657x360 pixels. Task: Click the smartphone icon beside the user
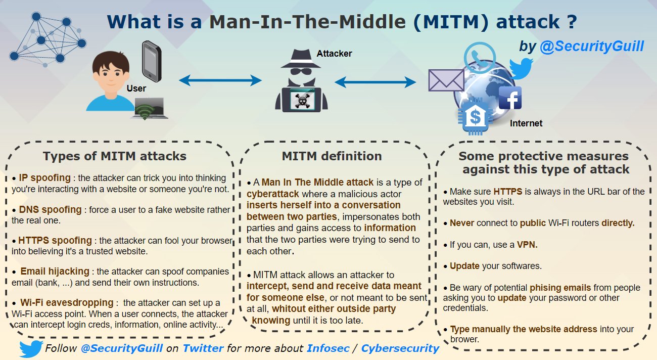click(x=152, y=61)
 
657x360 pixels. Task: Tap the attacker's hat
click(x=300, y=58)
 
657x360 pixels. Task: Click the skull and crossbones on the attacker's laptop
click(x=302, y=100)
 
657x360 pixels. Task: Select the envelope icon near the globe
click(x=446, y=80)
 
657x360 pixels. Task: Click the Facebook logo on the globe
click(x=510, y=98)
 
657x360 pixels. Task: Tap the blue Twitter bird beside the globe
click(x=521, y=68)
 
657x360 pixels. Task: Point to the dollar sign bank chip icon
click(x=475, y=117)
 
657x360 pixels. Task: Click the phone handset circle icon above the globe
click(x=480, y=58)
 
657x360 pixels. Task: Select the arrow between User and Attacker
click(x=220, y=80)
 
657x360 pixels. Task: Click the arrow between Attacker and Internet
click(x=375, y=82)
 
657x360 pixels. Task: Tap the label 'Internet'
click(x=526, y=123)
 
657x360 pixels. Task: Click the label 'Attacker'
click(x=334, y=54)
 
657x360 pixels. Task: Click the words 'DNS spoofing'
click(x=50, y=209)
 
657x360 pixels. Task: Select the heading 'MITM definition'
click(x=332, y=156)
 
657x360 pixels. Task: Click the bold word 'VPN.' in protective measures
click(x=527, y=244)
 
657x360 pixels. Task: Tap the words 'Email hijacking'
click(x=55, y=271)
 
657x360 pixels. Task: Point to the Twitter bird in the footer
click(x=31, y=349)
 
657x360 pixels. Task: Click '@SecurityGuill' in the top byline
click(x=592, y=47)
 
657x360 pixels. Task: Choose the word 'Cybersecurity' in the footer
click(x=400, y=348)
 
